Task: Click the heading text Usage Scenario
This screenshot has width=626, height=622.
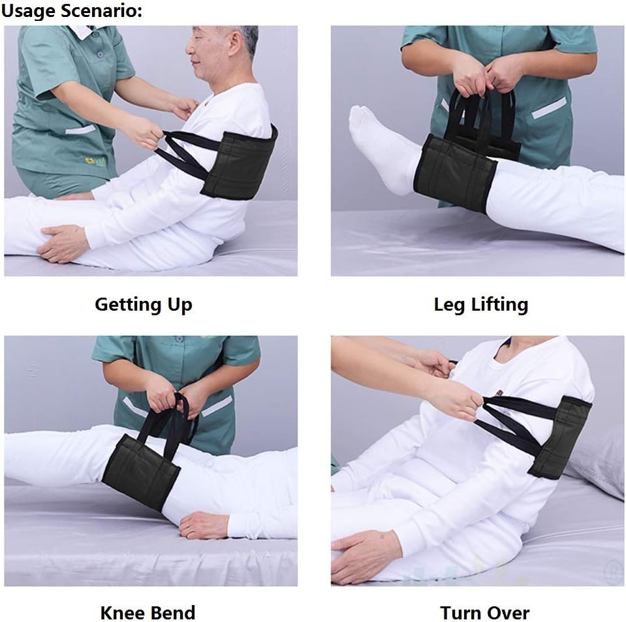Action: click(x=71, y=11)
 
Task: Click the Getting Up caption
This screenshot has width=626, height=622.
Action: click(x=144, y=305)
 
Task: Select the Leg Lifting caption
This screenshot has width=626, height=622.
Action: click(x=480, y=305)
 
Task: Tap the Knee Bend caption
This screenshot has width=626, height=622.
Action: click(x=148, y=613)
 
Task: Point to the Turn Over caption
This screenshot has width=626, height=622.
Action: click(x=484, y=613)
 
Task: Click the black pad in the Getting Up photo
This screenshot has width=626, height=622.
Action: click(x=240, y=164)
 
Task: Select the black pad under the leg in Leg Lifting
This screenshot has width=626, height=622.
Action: click(x=455, y=174)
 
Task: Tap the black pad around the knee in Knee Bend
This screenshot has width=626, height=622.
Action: click(x=140, y=471)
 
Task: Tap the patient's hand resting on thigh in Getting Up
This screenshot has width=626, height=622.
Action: click(x=64, y=243)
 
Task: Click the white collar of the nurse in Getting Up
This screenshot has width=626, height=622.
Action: click(x=86, y=31)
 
